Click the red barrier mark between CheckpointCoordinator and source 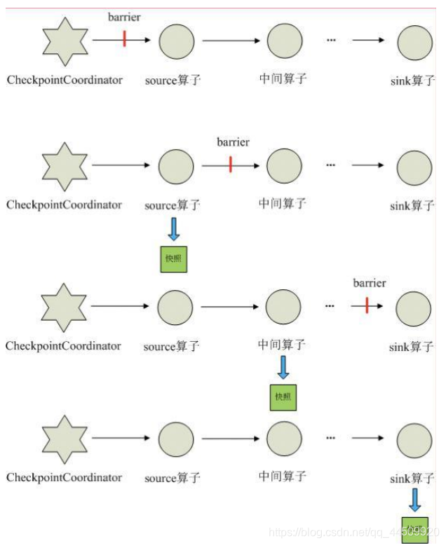click(124, 39)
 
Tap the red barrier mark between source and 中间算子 click(231, 165)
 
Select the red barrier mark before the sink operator click(367, 305)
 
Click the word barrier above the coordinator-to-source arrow click(125, 17)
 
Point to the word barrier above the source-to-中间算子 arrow click(233, 142)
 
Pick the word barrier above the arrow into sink click(369, 283)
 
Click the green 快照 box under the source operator click(174, 258)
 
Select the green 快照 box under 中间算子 click(283, 397)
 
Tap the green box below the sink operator click(414, 529)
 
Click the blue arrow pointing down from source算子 click(174, 228)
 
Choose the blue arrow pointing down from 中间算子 click(283, 367)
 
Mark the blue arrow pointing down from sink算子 click(414, 499)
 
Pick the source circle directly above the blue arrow click(176, 167)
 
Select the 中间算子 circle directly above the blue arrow click(283, 307)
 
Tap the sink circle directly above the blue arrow click(414, 441)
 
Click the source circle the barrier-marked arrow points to click(176, 41)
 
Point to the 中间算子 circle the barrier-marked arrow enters click(284, 167)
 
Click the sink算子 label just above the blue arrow click(412, 478)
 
